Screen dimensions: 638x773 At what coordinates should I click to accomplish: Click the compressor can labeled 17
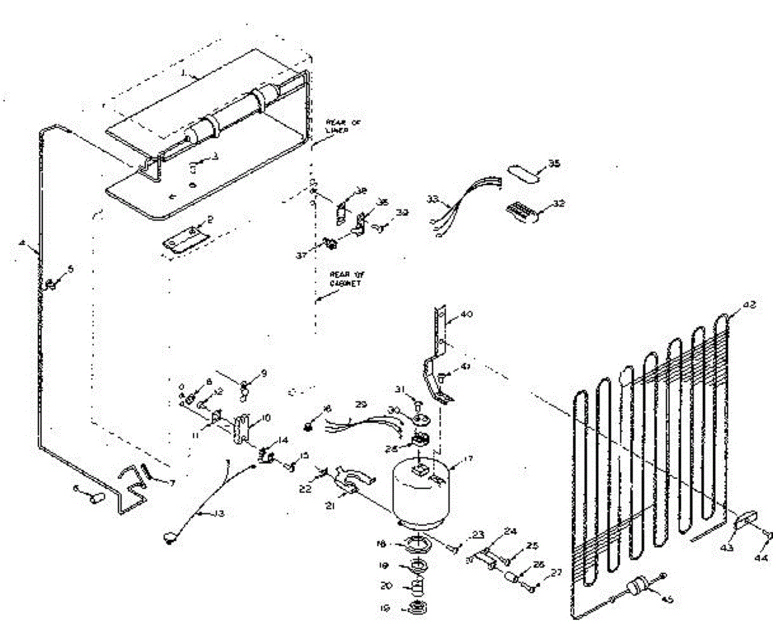pyautogui.click(x=419, y=489)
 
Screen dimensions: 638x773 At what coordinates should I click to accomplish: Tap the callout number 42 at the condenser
pyautogui.click(x=749, y=306)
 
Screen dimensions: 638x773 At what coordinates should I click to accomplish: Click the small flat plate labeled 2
pyautogui.click(x=186, y=239)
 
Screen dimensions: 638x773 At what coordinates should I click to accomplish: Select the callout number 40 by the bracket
pyautogui.click(x=466, y=315)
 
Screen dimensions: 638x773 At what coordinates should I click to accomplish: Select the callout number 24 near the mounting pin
pyautogui.click(x=510, y=532)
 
